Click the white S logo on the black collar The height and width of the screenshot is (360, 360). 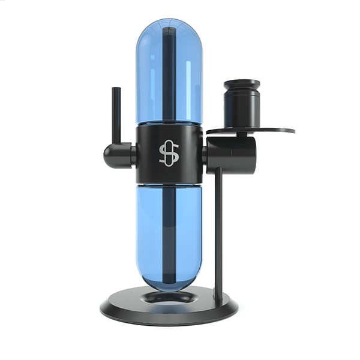(168, 154)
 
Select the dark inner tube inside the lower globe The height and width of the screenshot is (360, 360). (169, 234)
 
